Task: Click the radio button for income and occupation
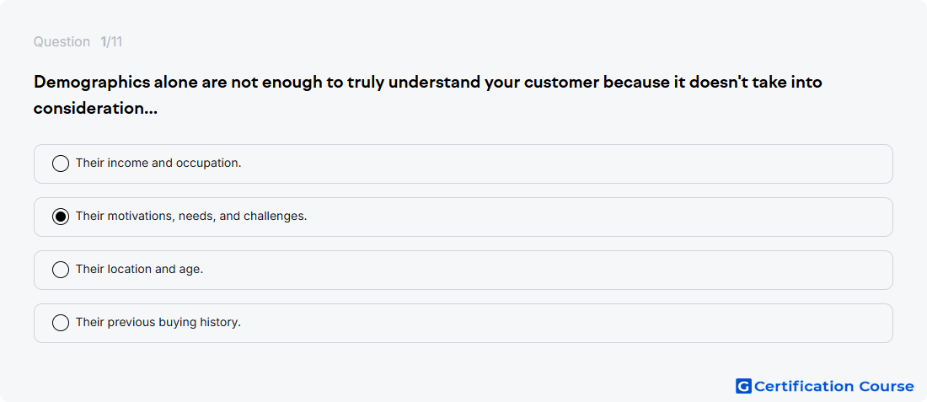tap(61, 163)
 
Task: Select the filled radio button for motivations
tap(61, 217)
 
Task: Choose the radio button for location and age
tap(61, 270)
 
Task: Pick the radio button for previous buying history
tap(61, 323)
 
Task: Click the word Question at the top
tap(62, 42)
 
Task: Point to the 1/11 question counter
tap(111, 42)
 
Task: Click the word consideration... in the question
tap(95, 109)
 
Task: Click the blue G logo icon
tap(743, 386)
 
